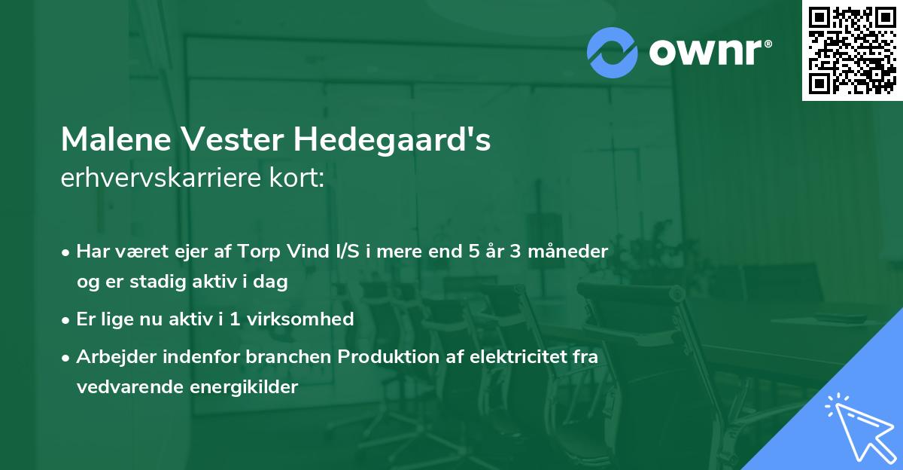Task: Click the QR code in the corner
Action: click(852, 50)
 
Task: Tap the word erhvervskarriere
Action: click(163, 179)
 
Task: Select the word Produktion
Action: click(385, 357)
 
